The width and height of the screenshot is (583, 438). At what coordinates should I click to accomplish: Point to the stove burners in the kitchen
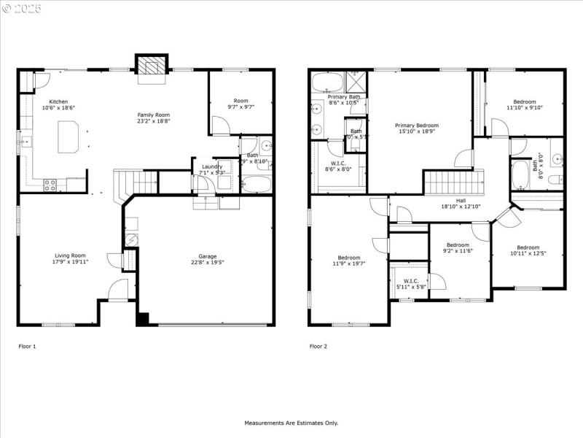pos(51,185)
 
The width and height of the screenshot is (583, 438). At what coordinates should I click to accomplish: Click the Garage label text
pos(208,256)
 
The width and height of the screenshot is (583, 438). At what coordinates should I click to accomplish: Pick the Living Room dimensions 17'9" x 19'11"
pos(71,261)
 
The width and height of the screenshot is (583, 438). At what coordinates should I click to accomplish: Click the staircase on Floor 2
pos(454,180)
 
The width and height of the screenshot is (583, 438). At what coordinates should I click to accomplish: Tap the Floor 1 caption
pos(27,346)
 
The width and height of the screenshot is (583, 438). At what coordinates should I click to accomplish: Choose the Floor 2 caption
pos(318,346)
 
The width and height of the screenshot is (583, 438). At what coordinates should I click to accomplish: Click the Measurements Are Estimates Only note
pos(291,423)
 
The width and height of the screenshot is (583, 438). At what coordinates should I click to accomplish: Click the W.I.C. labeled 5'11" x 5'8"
pos(410,283)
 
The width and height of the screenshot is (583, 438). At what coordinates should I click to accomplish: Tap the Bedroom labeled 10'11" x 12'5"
pos(528,251)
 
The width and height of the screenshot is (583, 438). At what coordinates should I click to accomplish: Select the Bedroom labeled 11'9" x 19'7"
pos(348,260)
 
